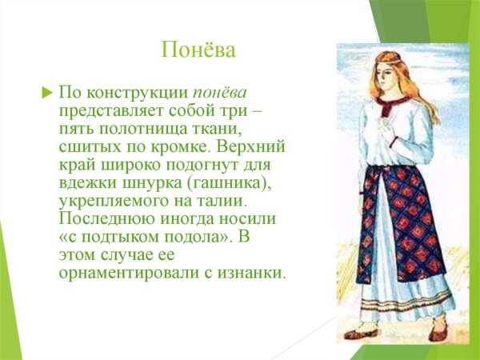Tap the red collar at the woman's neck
click(x=394, y=112)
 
